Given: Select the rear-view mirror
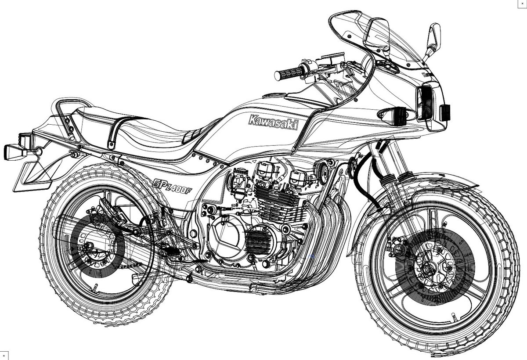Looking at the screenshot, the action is click(433, 35).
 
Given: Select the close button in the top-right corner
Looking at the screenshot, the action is click(522, 4).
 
